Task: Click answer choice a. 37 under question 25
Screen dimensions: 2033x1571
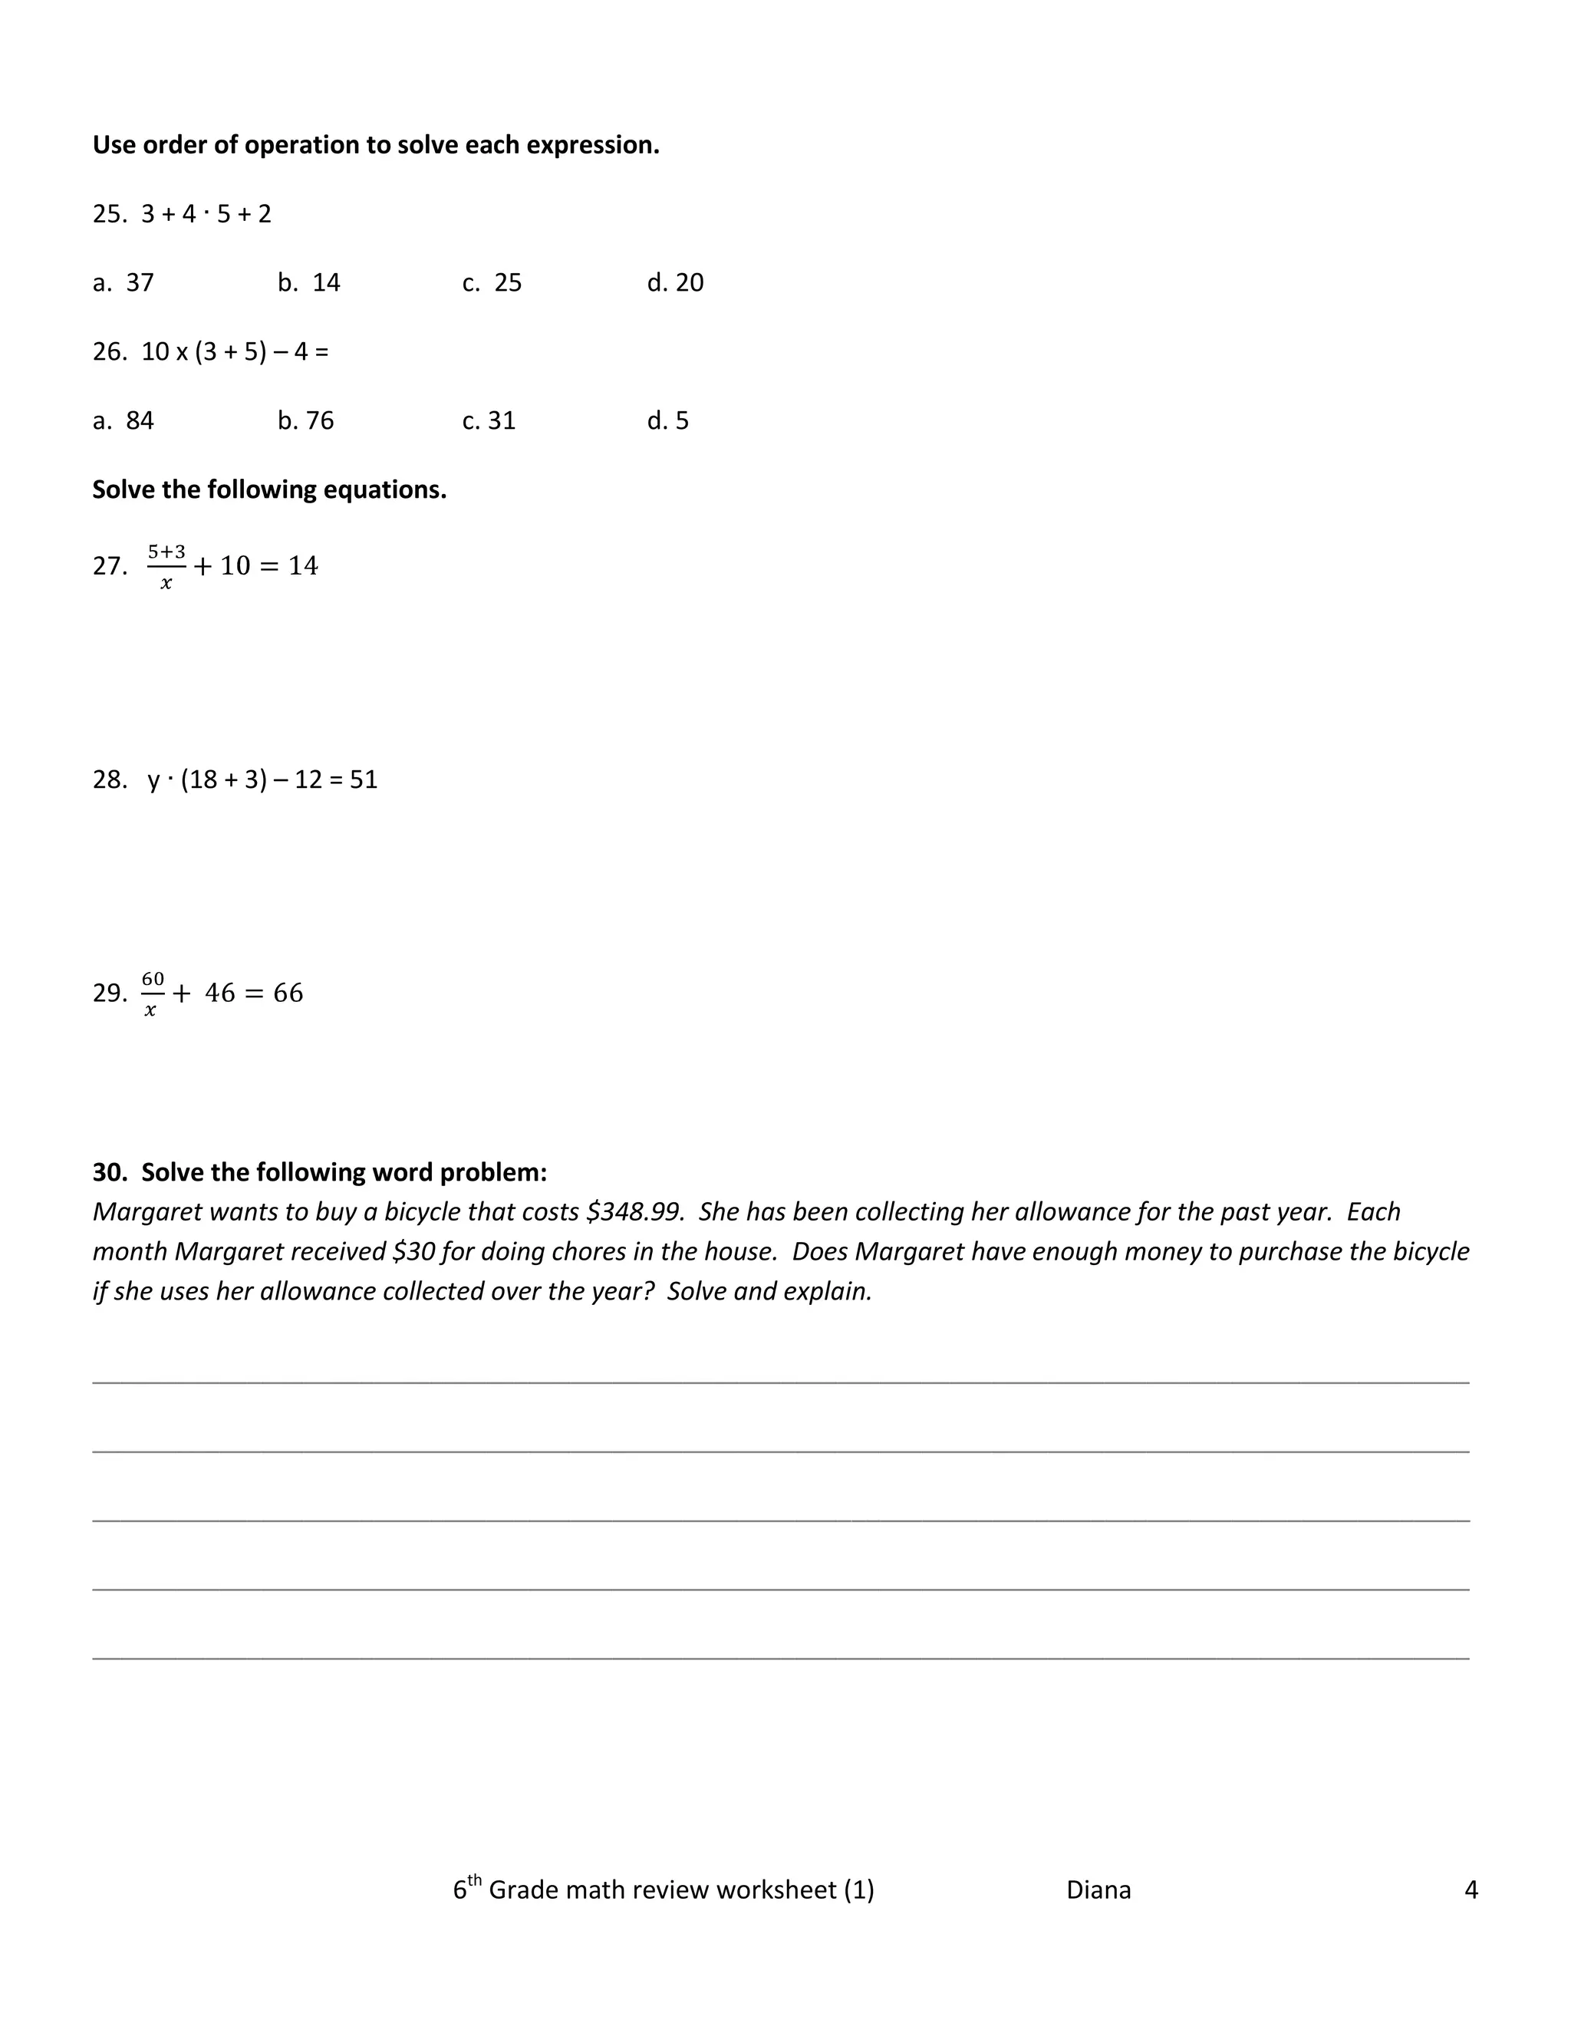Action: [x=124, y=283]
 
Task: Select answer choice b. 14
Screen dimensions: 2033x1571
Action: [x=309, y=283]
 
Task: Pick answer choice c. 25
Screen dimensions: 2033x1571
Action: [x=492, y=283]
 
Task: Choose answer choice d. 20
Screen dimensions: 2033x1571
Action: [x=676, y=283]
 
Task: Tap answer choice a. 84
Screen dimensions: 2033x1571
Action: [x=124, y=420]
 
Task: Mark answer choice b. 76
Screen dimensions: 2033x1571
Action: [x=306, y=420]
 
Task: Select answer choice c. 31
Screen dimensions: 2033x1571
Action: [x=489, y=420]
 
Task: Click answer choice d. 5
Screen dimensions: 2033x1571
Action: [x=668, y=420]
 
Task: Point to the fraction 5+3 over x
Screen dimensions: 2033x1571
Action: [x=166, y=567]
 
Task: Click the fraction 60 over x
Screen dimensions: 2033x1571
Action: [x=153, y=993]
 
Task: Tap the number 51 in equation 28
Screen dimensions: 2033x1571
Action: [x=364, y=780]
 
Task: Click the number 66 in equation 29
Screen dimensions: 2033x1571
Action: [x=288, y=993]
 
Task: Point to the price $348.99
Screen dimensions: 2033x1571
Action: [x=634, y=1212]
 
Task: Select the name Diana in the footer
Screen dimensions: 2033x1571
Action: [x=1098, y=1890]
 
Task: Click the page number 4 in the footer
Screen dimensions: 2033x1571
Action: [x=1471, y=1890]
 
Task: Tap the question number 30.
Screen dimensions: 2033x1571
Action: [x=109, y=1173]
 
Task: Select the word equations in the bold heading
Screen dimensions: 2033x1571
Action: [x=384, y=490]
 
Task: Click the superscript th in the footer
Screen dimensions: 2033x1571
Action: [x=475, y=1880]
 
